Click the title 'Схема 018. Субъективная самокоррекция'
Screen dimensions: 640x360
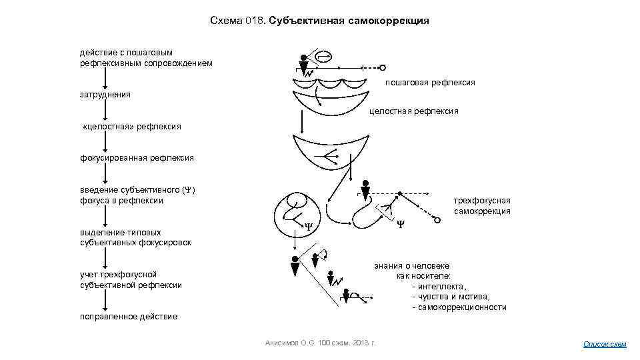coord(319,21)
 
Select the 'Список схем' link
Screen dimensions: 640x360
coord(605,344)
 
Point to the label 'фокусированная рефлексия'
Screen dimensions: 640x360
coord(137,158)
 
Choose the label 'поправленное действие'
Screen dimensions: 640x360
coord(129,317)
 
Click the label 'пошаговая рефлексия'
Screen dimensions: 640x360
coord(430,82)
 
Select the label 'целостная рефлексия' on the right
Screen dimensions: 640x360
coord(413,111)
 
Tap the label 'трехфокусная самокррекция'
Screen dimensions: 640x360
coord(482,206)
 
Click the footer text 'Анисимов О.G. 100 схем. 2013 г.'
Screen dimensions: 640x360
coord(321,343)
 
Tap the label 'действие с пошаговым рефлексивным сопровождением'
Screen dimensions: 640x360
coord(146,57)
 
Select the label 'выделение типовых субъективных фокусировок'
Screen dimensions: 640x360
coord(135,237)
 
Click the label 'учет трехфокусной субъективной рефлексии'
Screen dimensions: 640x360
coord(131,279)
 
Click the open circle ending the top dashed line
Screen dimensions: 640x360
coord(383,67)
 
